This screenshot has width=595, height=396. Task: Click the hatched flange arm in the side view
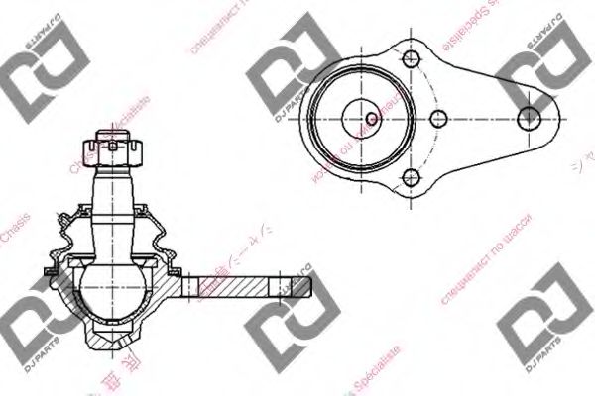[238, 287]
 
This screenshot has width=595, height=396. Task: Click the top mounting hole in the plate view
[409, 57]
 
